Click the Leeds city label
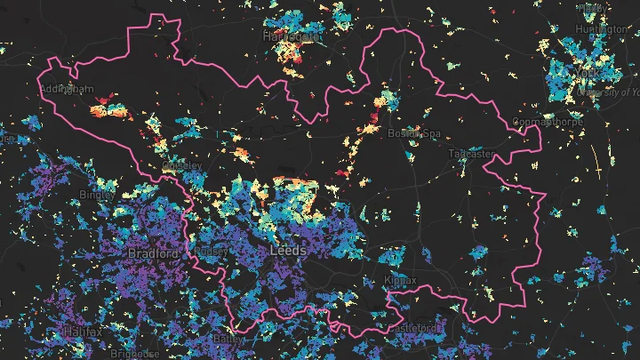(x=286, y=252)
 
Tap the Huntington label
(x=601, y=28)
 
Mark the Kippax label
(x=400, y=279)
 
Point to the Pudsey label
(x=212, y=252)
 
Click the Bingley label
(x=96, y=194)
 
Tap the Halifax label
(x=83, y=332)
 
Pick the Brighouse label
(x=131, y=354)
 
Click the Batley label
(x=228, y=339)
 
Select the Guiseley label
(x=182, y=165)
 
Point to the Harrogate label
(x=291, y=36)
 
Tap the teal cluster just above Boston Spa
(x=388, y=99)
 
